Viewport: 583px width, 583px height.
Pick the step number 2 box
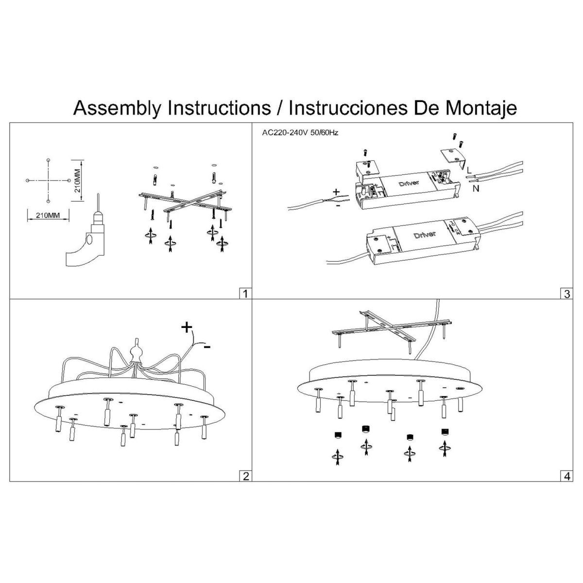tap(246, 476)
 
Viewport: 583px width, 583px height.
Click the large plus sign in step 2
tap(186, 327)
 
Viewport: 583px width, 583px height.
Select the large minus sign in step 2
tap(207, 347)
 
